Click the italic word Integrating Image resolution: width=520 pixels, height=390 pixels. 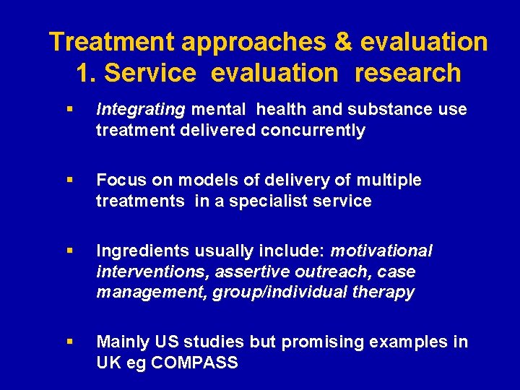pyautogui.click(x=141, y=110)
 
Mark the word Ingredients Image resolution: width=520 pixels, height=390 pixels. pyautogui.click(x=138, y=251)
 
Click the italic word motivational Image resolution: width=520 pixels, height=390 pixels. pyautogui.click(x=381, y=251)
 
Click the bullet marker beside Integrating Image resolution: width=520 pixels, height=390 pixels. pyautogui.click(x=69, y=110)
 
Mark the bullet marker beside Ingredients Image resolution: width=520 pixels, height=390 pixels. pyautogui.click(x=69, y=251)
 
